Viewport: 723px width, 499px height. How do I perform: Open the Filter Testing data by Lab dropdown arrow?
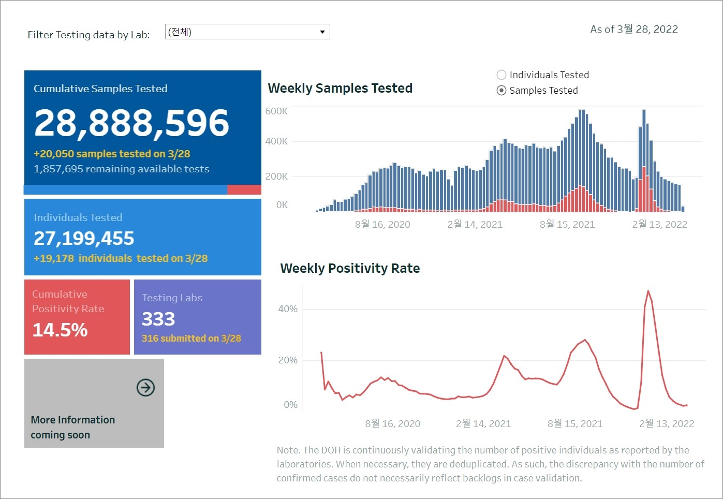[x=322, y=32]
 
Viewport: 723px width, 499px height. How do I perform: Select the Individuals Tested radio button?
[x=501, y=75]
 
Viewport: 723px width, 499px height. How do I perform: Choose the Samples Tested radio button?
[x=501, y=90]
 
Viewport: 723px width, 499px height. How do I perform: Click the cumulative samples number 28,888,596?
[x=131, y=123]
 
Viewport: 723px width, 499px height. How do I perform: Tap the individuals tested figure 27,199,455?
[x=84, y=238]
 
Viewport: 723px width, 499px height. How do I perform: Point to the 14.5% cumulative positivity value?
[x=60, y=330]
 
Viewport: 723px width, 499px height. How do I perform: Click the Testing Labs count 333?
[x=158, y=319]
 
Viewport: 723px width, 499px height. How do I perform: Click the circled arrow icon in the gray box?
[x=145, y=387]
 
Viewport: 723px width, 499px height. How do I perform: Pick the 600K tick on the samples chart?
[x=276, y=111]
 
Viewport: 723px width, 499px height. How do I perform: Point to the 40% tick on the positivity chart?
[x=288, y=309]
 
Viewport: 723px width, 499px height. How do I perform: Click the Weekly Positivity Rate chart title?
[x=350, y=268]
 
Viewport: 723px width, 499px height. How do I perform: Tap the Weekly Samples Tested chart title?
[x=340, y=88]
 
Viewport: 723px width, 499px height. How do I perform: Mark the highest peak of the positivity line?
[x=648, y=291]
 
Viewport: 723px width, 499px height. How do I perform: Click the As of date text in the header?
[x=634, y=29]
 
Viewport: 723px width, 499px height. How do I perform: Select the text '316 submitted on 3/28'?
[x=191, y=338]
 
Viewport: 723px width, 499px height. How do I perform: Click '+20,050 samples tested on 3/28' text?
[x=112, y=154]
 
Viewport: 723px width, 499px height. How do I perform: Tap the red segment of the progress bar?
[x=244, y=190]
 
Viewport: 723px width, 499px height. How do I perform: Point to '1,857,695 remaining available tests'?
[x=122, y=169]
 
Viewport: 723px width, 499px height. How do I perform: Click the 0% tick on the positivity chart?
[x=290, y=405]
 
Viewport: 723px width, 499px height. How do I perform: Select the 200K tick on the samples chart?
[x=276, y=177]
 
